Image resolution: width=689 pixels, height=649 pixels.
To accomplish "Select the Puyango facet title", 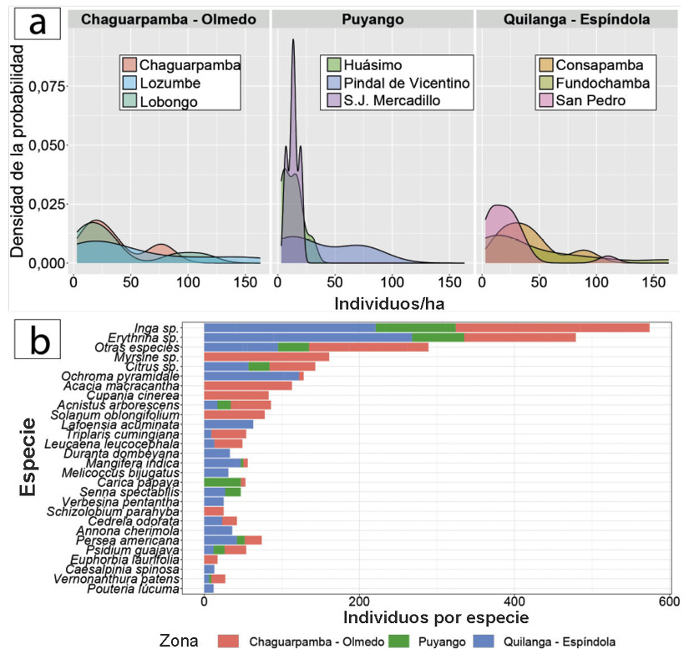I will point(372,20).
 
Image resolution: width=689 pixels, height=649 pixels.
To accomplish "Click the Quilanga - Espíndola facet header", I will point(576,20).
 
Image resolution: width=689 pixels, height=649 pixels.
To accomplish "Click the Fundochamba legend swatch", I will point(546,84).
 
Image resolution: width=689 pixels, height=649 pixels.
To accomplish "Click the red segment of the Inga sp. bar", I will point(552,327).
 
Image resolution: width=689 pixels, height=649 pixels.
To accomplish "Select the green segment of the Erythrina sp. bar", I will point(438,337).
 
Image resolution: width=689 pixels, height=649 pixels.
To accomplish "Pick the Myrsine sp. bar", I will point(266,357).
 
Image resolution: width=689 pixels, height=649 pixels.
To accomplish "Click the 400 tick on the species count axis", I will point(514,602).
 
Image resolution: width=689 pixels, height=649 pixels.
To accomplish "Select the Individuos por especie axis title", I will point(435,618).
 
